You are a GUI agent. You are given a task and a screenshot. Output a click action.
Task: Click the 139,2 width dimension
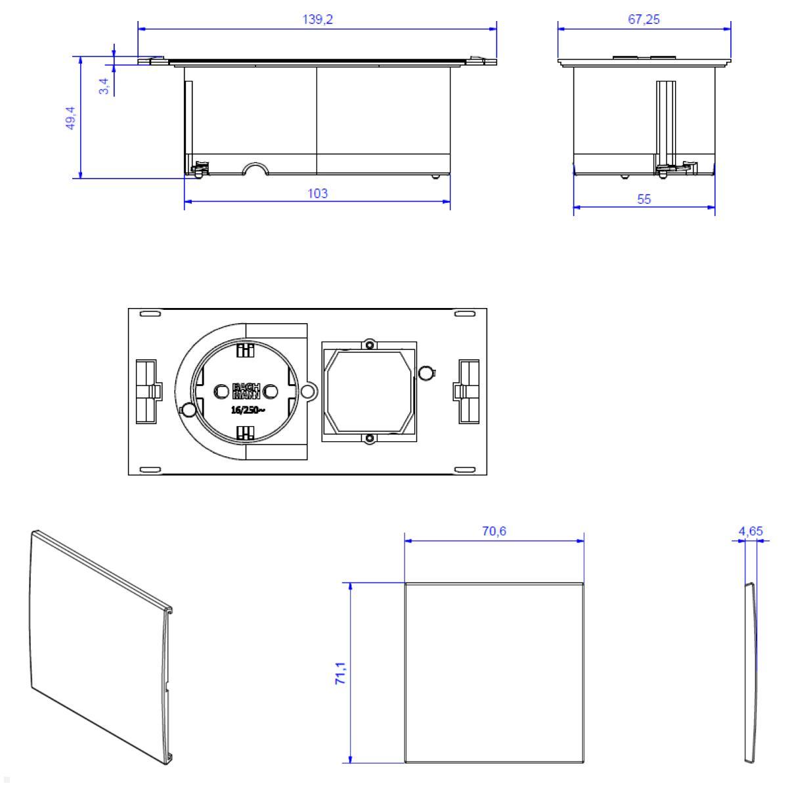(318, 20)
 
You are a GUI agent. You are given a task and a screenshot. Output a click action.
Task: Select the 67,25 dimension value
(644, 20)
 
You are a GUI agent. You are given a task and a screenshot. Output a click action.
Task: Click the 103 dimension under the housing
(318, 193)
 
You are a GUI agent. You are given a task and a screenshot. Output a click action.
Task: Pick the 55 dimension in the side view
(644, 199)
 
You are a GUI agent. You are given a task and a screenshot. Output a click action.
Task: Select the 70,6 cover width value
(494, 531)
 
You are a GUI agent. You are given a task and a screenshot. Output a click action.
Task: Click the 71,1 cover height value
(341, 674)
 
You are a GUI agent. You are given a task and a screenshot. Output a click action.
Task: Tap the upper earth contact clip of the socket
(245, 351)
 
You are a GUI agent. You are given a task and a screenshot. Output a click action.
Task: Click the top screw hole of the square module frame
(370, 345)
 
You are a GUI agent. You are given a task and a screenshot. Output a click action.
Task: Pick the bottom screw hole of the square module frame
(370, 438)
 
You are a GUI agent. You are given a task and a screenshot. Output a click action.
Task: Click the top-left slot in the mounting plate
(150, 315)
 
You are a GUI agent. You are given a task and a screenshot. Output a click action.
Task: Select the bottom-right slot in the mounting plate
(464, 469)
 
